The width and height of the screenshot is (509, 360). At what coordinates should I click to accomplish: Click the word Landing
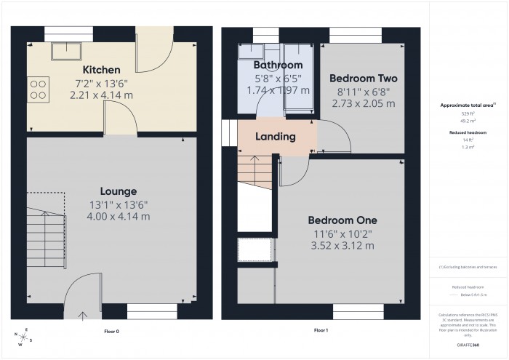coord(275,136)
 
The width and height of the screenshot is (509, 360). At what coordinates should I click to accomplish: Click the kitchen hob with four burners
coord(38,88)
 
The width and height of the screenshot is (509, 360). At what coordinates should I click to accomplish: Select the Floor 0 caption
coord(112,330)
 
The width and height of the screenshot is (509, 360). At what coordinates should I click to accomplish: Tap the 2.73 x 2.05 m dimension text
coord(363,103)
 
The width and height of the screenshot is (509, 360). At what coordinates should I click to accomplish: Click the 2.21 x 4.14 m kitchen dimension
coord(92,95)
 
